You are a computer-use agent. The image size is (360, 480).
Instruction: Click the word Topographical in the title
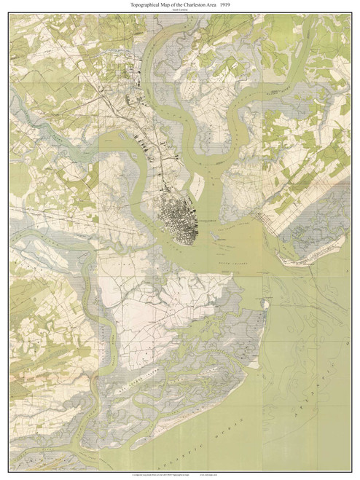[130, 5]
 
